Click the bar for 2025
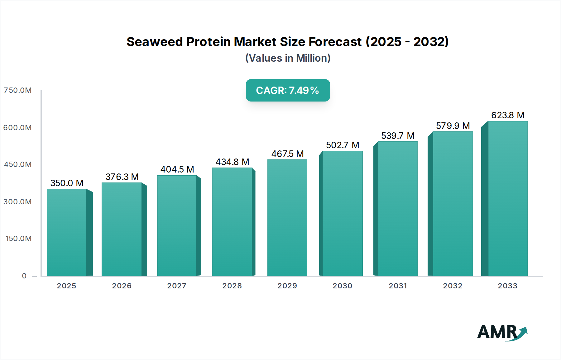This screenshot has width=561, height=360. click(x=66, y=232)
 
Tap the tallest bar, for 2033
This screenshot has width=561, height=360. click(x=507, y=198)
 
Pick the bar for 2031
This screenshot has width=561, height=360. click(x=397, y=209)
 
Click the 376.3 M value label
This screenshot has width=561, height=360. click(x=122, y=177)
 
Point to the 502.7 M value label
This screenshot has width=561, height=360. click(x=343, y=145)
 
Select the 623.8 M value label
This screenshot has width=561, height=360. click(x=508, y=115)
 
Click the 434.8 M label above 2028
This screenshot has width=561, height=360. click(x=232, y=162)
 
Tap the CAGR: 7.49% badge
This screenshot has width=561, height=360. click(x=288, y=90)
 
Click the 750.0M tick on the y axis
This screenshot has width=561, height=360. click(x=18, y=90)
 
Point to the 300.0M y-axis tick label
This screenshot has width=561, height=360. click(x=18, y=202)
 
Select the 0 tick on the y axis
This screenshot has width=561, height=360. click(x=24, y=276)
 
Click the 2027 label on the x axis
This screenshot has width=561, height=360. click(x=177, y=286)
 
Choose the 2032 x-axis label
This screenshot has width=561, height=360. click(x=453, y=286)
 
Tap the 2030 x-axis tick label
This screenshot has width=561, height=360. click(x=342, y=286)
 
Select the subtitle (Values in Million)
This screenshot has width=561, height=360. click(x=288, y=58)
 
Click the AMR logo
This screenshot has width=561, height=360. click(x=502, y=332)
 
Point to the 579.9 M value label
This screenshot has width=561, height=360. click(x=453, y=126)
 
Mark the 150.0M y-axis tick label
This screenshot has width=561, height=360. click(x=19, y=239)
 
